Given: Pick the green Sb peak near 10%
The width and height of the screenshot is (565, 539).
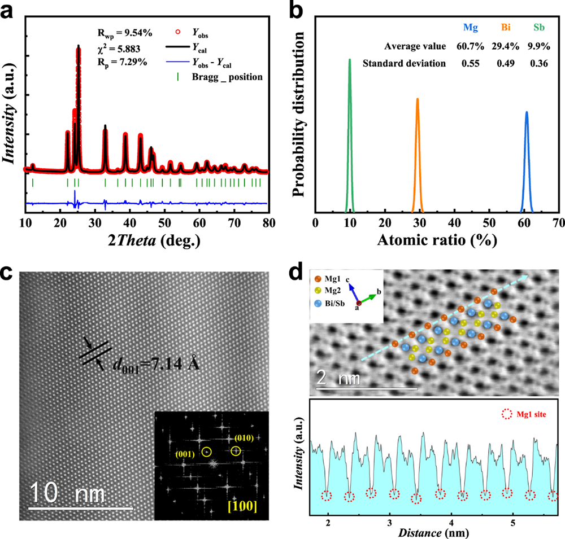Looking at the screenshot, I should [350, 135].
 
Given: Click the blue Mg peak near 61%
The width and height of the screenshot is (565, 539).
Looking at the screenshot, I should [527, 161].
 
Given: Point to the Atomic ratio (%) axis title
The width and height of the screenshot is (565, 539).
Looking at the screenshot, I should [437, 241].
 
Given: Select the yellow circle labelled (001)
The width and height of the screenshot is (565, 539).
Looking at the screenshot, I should [207, 452].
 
